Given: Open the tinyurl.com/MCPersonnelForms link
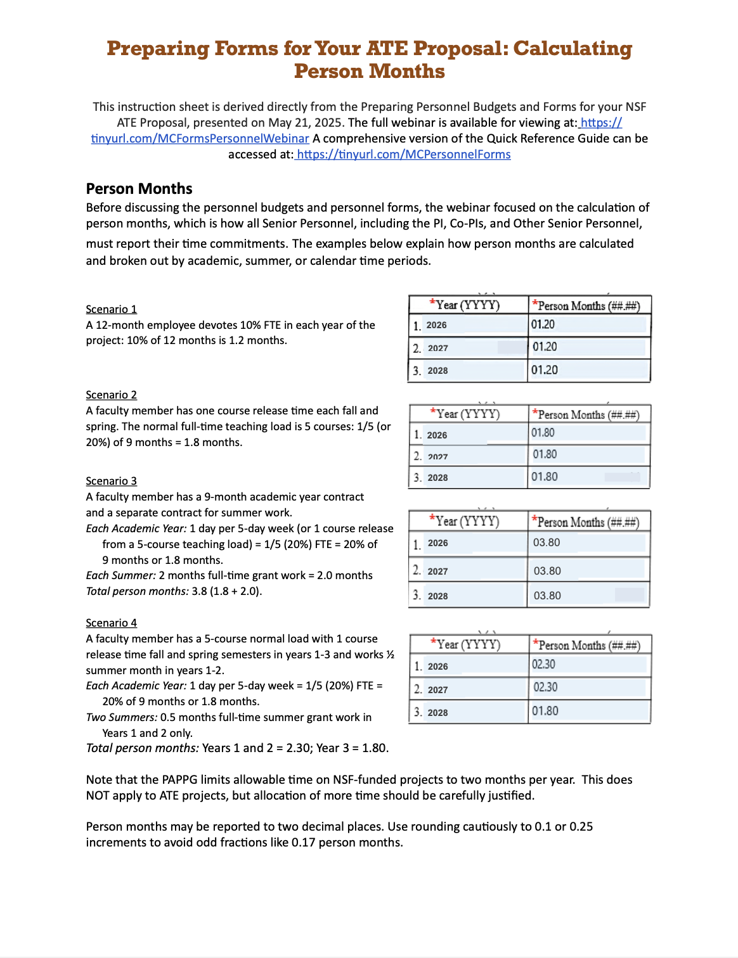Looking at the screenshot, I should (403, 155).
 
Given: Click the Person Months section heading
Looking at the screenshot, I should (139, 189).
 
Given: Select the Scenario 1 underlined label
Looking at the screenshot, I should (112, 309).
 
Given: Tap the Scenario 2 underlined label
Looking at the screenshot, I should (112, 395).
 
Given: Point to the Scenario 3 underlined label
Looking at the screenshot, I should (112, 481).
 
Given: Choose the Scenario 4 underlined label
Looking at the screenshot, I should (112, 623).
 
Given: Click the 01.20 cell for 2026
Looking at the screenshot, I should (543, 324).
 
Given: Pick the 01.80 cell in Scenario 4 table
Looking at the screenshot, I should (545, 711).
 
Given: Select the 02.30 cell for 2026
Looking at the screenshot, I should (544, 664).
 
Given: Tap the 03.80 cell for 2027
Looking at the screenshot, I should (547, 571).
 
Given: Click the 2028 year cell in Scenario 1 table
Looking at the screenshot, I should (437, 371).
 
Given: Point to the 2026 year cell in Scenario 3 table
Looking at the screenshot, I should (437, 543).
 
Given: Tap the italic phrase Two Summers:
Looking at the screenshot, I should (122, 717).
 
